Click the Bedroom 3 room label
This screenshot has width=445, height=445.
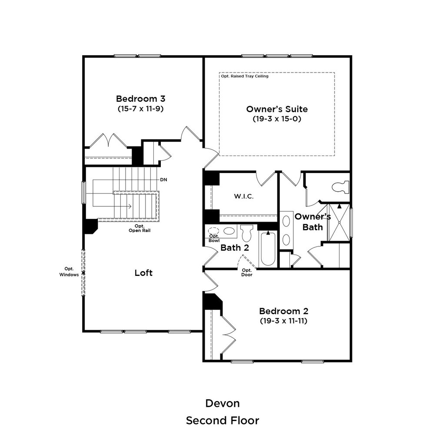point(140,98)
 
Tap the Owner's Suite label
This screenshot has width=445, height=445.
point(277,109)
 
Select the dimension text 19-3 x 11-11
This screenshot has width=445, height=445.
point(283,321)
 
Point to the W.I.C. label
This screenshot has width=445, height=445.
point(243,196)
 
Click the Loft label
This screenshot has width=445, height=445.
point(143,273)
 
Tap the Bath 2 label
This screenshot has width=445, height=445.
point(235,248)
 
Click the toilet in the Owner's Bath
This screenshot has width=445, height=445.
point(340,187)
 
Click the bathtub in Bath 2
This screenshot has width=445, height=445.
point(268,249)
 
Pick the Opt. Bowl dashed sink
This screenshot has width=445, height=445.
point(214,231)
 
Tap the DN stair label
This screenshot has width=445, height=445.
point(163,179)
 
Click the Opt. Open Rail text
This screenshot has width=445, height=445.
point(139,228)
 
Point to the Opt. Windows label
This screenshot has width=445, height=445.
point(69,272)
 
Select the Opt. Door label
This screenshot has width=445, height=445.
point(246,272)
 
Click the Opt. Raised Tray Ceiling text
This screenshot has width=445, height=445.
point(245,76)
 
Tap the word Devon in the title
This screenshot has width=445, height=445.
point(222,403)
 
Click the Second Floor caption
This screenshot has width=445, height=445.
point(222,421)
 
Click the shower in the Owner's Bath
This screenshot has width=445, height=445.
point(339,222)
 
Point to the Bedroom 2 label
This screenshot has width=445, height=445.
point(283,311)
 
